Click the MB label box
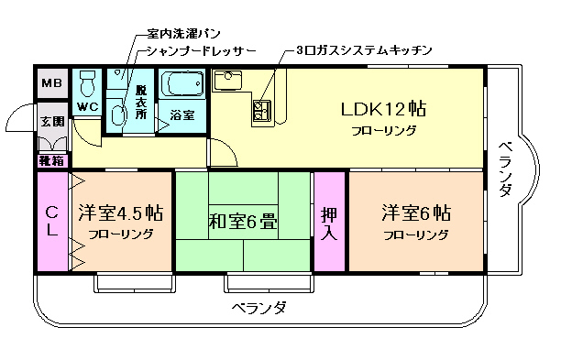51,84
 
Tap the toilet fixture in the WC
88,84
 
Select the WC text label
88,107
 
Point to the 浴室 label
182,115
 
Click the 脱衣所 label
141,102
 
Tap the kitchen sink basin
225,81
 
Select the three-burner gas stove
263,111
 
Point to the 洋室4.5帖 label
120,213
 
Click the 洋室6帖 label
415,213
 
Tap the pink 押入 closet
329,223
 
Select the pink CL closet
52,221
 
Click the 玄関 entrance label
51,121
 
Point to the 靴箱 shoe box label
51,160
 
